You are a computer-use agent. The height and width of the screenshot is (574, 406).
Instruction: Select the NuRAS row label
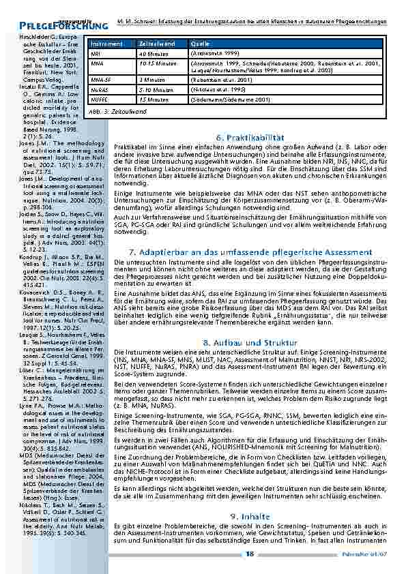pyautogui.click(x=99, y=89)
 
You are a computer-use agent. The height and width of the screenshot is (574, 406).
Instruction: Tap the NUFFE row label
pyautogui.click(x=98, y=98)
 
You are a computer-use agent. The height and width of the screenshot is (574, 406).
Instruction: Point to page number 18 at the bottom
pyautogui.click(x=249, y=554)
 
